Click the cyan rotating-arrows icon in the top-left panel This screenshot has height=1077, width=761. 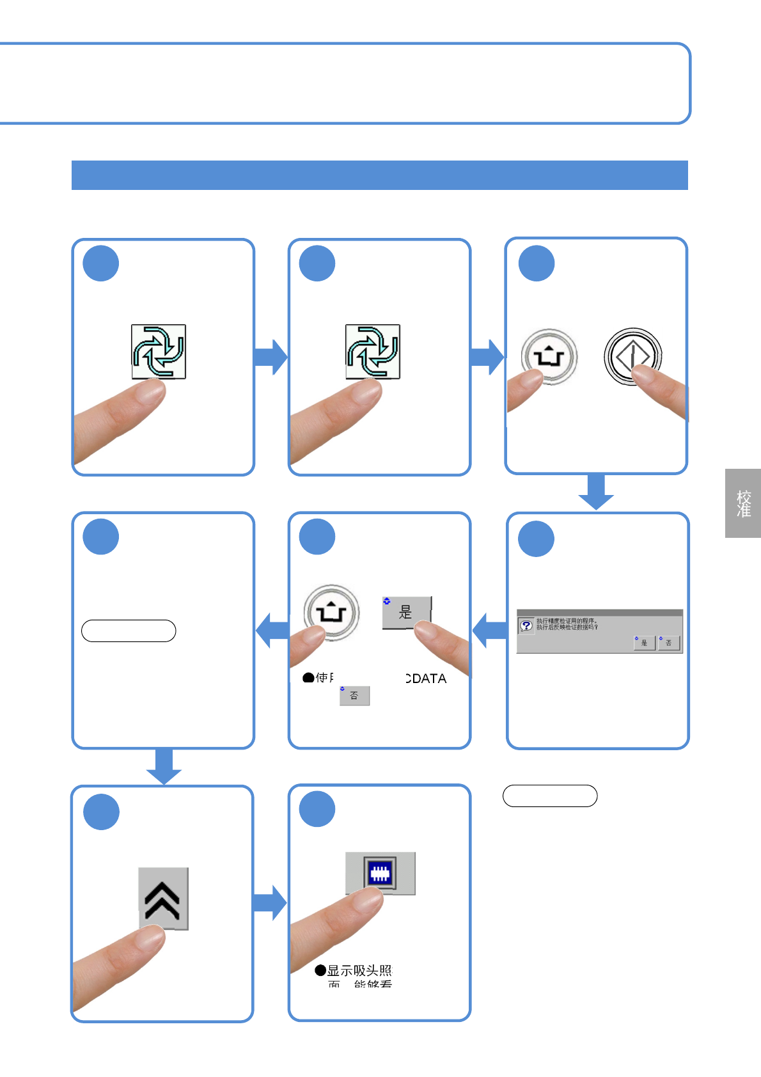click(x=159, y=351)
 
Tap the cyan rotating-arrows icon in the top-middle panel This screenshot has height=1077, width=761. click(x=373, y=351)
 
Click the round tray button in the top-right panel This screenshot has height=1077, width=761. click(x=549, y=357)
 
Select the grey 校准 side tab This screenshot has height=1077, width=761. click(x=743, y=503)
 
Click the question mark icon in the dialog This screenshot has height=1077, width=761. click(x=526, y=625)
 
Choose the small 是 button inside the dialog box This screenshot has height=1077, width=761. click(x=643, y=642)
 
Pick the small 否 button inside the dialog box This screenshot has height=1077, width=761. click(x=668, y=642)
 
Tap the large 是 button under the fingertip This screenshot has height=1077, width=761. click(x=406, y=612)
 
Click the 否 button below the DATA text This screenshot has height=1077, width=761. click(x=354, y=695)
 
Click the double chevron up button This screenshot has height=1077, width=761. click(x=163, y=898)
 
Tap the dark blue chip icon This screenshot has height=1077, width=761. click(x=380, y=873)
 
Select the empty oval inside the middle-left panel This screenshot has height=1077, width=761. click(x=129, y=631)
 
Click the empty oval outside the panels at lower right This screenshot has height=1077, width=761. click(x=550, y=796)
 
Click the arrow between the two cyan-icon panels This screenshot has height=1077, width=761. click(x=271, y=357)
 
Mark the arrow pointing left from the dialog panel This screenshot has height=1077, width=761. click(x=489, y=631)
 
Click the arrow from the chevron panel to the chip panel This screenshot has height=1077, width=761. click(x=270, y=902)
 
